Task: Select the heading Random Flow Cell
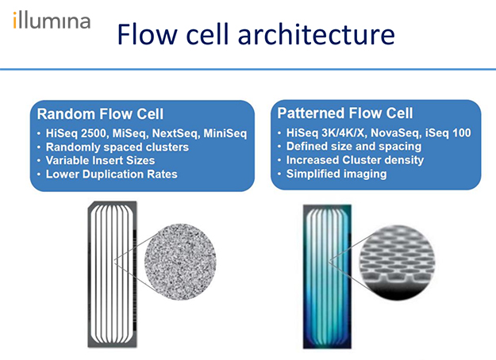(x=100, y=114)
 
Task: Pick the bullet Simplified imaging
(x=336, y=173)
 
